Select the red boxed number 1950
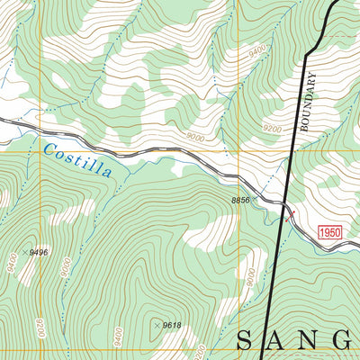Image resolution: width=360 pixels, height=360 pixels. (x=330, y=232)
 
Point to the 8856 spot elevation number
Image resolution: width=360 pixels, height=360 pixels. (x=239, y=200)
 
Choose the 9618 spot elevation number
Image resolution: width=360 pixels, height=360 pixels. (x=171, y=325)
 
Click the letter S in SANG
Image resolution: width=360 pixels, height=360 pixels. (x=248, y=340)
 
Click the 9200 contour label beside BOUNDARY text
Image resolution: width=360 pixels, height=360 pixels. (x=273, y=129)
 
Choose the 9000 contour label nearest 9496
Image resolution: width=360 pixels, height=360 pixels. (x=66, y=267)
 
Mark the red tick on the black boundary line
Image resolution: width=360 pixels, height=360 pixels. (x=288, y=214)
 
